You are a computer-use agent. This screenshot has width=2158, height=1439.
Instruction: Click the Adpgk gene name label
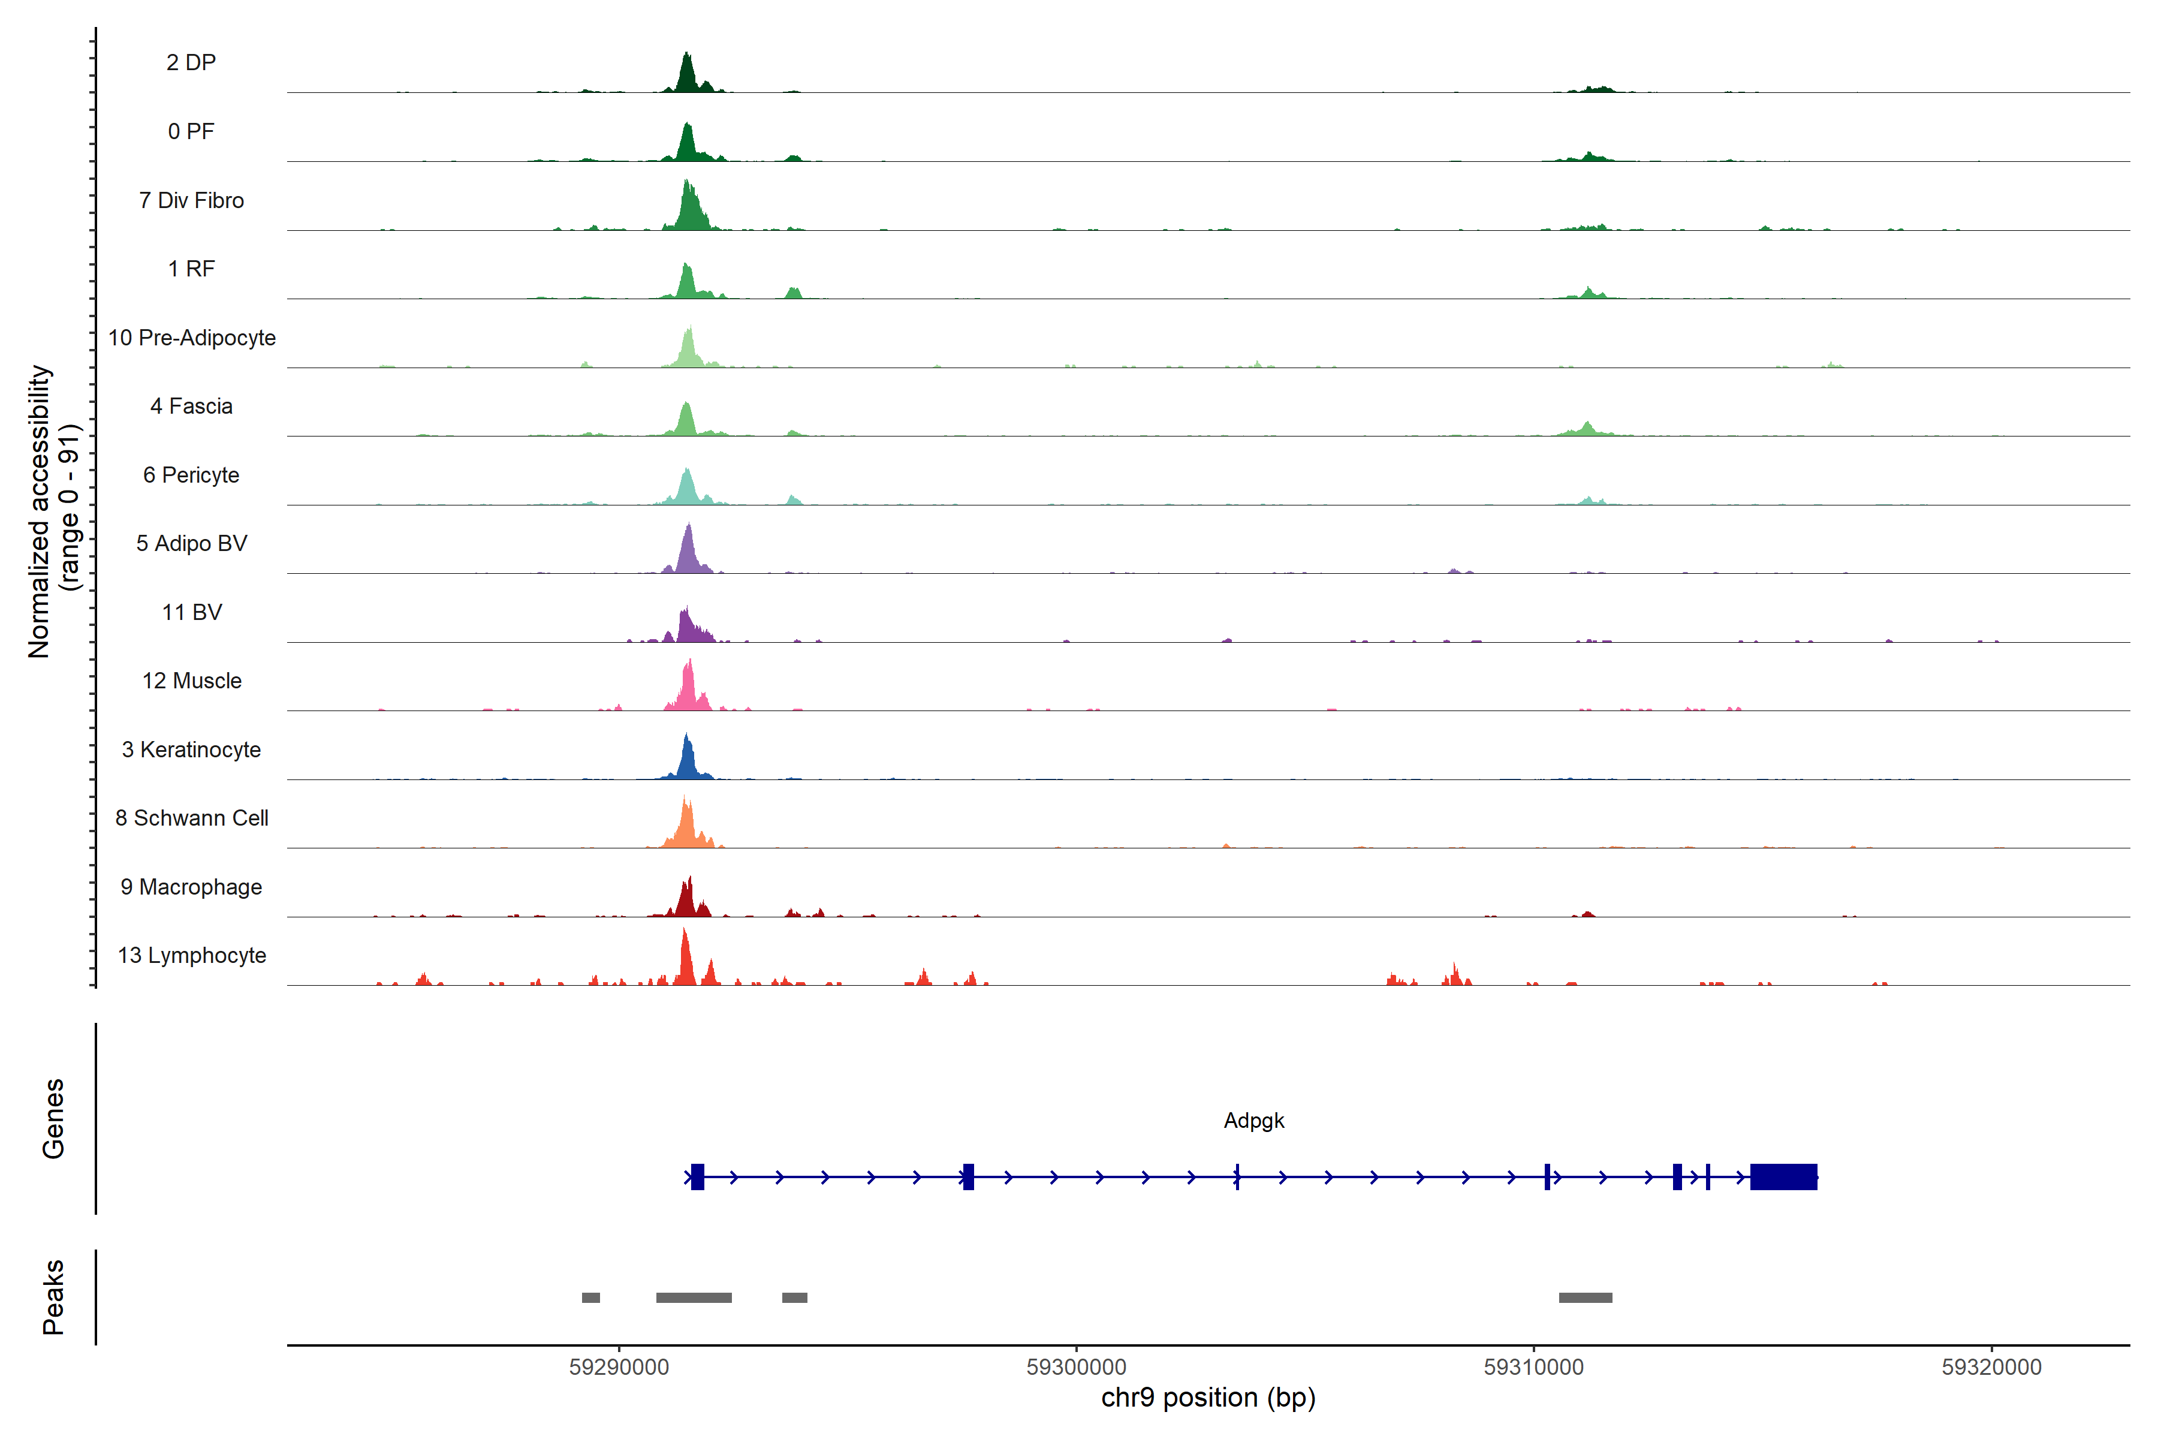[x=1253, y=1121]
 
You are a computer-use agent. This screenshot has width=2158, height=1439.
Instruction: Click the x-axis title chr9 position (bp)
[x=1207, y=1398]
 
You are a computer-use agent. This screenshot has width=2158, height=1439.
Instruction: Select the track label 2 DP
[x=191, y=62]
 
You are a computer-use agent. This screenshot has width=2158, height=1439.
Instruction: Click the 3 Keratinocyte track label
[x=191, y=750]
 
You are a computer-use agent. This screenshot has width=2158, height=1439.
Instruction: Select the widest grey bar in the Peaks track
[x=694, y=1297]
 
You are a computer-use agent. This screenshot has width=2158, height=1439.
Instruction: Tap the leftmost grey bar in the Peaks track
[x=591, y=1297]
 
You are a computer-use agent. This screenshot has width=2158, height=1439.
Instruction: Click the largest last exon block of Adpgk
[x=1783, y=1176]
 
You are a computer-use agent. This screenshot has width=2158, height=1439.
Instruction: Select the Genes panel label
[x=53, y=1119]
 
